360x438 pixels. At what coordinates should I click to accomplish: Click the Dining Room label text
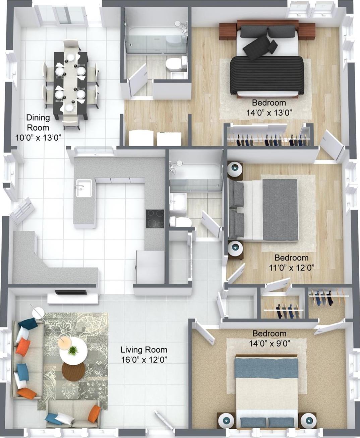[38, 123]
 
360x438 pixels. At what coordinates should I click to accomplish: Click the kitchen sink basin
[84, 188]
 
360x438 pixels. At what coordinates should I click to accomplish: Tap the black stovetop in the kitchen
[155, 219]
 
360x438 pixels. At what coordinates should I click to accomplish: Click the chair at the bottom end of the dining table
[71, 123]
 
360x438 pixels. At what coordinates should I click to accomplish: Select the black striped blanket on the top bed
[267, 75]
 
